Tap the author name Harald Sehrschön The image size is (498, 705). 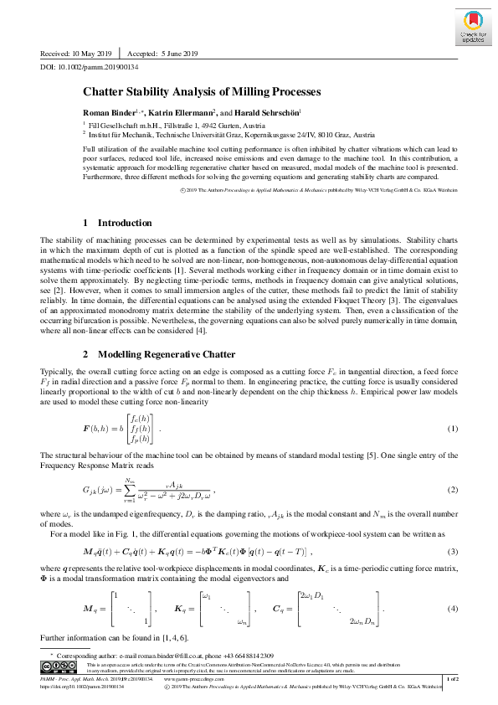click(266, 112)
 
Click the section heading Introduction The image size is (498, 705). click(117, 223)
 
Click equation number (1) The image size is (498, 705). click(452, 430)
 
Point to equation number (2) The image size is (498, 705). click(452, 488)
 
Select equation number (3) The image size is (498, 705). click(452, 552)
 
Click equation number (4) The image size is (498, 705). click(452, 608)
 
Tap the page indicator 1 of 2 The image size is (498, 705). click(452, 678)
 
